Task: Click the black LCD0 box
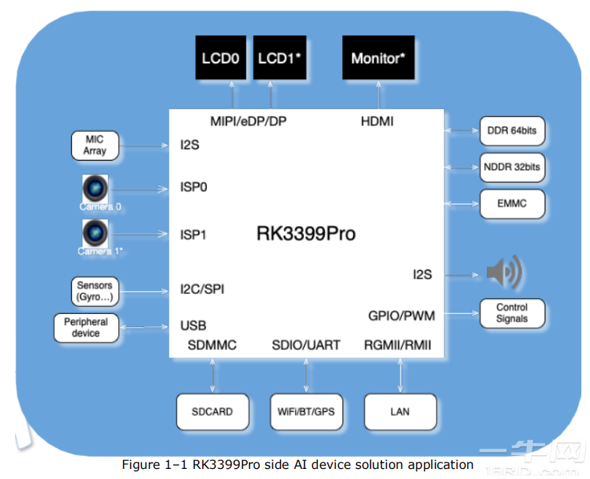point(220,58)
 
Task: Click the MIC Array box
point(95,145)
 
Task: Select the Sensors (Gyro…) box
point(95,291)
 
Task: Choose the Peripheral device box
point(86,328)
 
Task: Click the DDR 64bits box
point(512,132)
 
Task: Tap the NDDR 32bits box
point(512,168)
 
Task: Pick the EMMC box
point(512,204)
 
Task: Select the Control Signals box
point(512,313)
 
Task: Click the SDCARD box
point(213,412)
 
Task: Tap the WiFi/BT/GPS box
point(306,412)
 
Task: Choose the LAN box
point(400,412)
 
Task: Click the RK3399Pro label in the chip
point(306,234)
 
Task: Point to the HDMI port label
point(377,121)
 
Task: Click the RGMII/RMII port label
point(398,346)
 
